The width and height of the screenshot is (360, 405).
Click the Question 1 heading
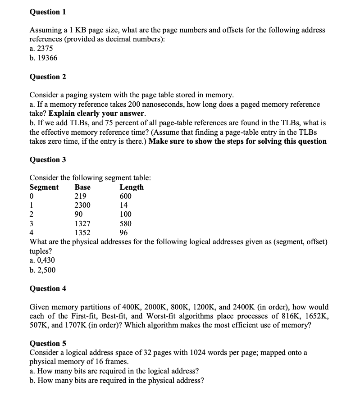[47, 12]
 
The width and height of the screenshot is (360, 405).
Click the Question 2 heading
[47, 77]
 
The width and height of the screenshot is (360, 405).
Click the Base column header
[82, 187]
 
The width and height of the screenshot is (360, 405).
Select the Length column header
[132, 187]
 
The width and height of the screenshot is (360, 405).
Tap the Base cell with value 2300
[82, 205]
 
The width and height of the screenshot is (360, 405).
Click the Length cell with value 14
[123, 205]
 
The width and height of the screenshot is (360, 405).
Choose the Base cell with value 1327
[82, 223]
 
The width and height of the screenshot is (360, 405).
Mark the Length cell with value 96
[123, 233]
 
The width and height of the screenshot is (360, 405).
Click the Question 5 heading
[47, 343]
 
